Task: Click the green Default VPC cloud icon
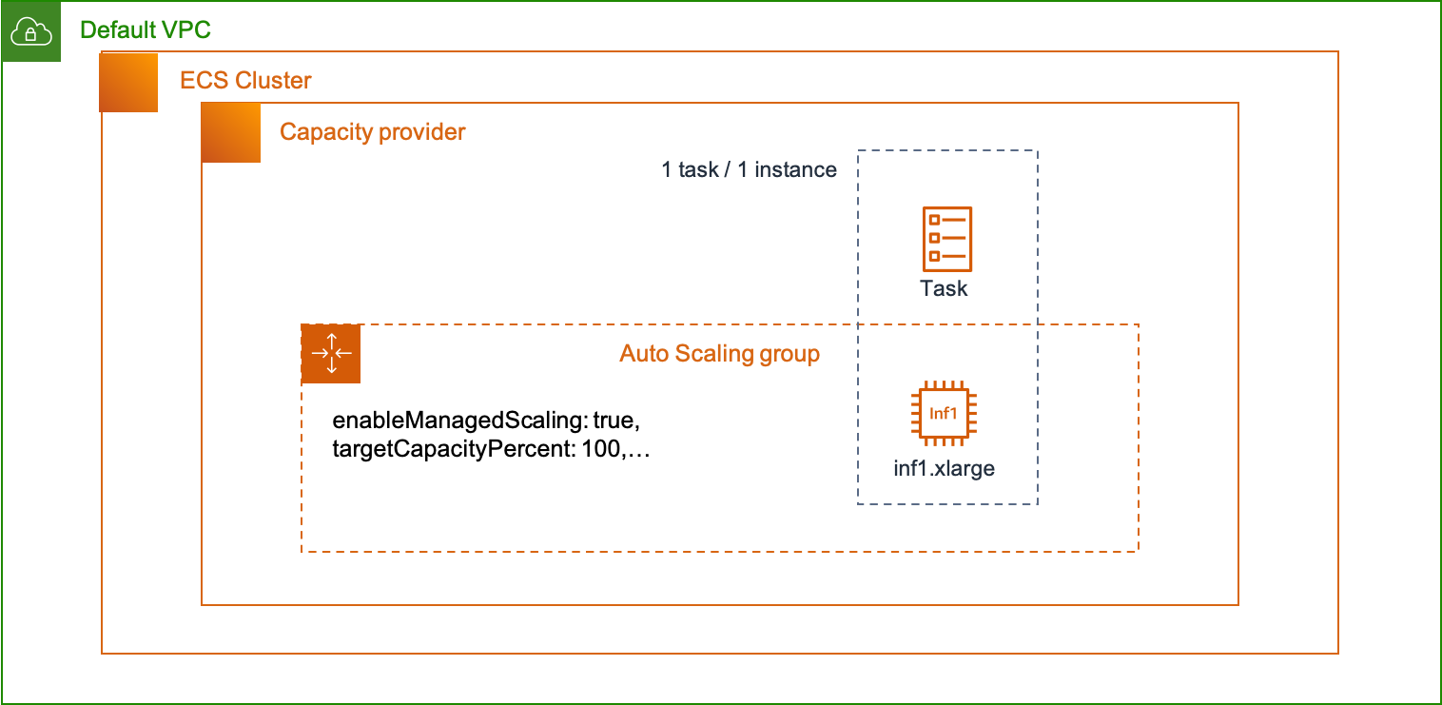30,31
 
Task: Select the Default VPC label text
146,29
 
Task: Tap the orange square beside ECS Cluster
128,83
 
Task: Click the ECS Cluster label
245,80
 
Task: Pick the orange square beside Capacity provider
231,133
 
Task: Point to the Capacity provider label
372,131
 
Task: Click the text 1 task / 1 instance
749,170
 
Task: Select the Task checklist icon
947,239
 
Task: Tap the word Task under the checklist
944,288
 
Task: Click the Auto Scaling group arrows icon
331,354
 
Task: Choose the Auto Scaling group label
719,354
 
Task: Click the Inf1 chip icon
944,414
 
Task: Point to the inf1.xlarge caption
944,468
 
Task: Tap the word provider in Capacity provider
421,131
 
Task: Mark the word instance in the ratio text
795,170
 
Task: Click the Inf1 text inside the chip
944,414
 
